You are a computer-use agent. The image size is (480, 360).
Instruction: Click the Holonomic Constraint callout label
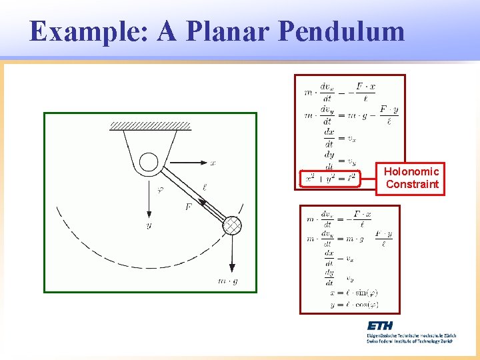[412, 178]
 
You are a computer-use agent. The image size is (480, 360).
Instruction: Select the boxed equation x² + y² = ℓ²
[330, 179]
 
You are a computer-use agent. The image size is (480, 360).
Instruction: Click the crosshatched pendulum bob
[231, 225]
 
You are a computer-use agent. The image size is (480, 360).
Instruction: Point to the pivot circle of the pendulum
[149, 161]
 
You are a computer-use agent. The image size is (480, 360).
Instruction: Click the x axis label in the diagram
[213, 162]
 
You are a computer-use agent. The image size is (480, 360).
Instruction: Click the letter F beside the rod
[188, 207]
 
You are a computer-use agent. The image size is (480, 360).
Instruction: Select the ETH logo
[379, 326]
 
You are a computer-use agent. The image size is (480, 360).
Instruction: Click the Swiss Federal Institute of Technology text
[409, 341]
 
